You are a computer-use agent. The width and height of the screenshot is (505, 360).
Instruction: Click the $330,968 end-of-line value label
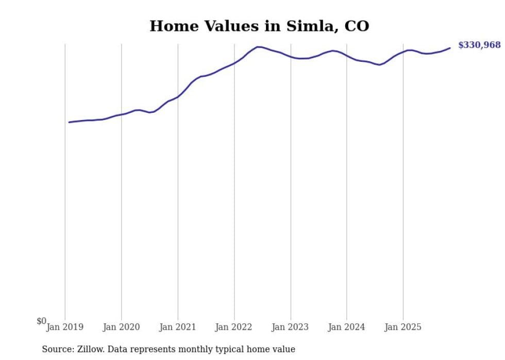[x=479, y=45]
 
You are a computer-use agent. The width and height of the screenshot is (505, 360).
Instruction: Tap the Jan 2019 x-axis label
[x=65, y=327]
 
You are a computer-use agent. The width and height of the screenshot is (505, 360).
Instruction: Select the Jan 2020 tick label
[x=122, y=327]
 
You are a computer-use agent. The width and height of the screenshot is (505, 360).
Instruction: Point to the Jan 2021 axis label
[x=178, y=327]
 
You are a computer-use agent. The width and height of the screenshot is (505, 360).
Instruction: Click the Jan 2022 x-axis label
[x=234, y=327]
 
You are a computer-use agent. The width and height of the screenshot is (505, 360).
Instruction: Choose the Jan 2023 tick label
[x=290, y=327]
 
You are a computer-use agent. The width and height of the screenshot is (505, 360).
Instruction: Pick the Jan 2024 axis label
[x=346, y=327]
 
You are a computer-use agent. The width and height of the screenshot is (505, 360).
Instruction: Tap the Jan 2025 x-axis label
[x=403, y=327]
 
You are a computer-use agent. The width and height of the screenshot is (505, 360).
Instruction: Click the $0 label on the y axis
[x=41, y=321]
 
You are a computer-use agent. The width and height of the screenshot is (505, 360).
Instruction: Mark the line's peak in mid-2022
[x=258, y=47]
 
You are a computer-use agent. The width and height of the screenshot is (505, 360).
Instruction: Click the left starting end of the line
[x=69, y=122]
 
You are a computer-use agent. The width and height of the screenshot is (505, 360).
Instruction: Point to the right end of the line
[x=450, y=48]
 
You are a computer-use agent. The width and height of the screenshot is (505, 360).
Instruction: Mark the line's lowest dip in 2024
[x=379, y=65]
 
